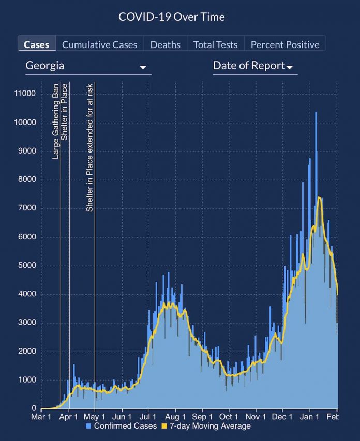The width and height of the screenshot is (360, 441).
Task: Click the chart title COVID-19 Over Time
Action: (x=172, y=17)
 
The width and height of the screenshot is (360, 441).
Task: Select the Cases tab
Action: (x=37, y=44)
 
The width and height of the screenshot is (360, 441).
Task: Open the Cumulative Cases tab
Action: (x=100, y=44)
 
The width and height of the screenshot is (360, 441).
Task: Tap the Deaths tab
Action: (x=166, y=44)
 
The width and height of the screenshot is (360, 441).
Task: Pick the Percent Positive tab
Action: (x=285, y=44)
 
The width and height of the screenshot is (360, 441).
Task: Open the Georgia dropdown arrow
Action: (x=143, y=68)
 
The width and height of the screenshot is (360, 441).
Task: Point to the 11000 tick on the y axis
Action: (x=25, y=94)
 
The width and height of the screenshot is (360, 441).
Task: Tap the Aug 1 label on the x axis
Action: (x=176, y=417)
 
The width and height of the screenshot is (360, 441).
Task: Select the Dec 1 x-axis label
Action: (x=282, y=417)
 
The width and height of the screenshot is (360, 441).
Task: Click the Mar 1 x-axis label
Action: (x=41, y=417)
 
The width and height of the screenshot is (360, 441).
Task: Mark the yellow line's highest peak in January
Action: (x=319, y=197)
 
